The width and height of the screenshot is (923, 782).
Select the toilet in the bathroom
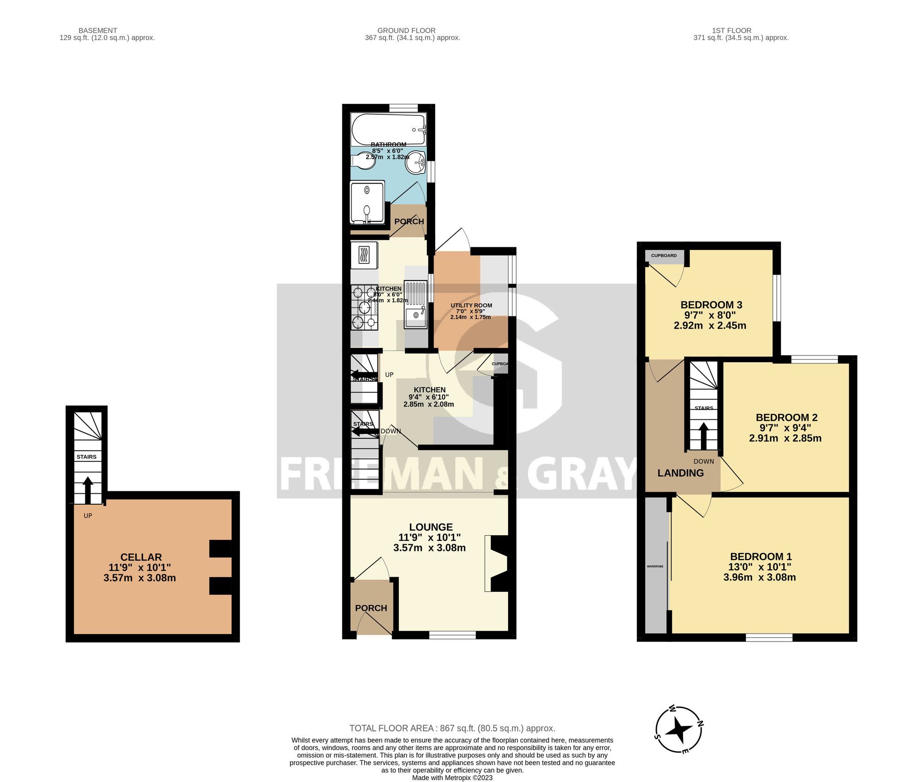(362, 161)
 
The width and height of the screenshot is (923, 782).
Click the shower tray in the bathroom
(367, 203)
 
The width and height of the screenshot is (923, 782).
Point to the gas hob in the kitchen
(365, 308)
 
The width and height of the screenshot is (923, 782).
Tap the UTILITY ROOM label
(471, 305)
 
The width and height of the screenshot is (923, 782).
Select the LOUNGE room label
(431, 527)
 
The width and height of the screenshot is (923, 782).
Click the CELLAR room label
(141, 557)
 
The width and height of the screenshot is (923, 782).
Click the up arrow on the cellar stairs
(87, 488)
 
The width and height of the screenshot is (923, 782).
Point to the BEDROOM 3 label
(711, 304)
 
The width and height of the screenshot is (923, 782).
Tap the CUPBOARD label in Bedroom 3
(664, 256)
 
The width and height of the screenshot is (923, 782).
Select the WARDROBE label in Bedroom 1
(654, 566)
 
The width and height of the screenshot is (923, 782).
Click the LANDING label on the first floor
(680, 473)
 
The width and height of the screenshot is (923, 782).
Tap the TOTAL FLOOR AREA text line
(452, 728)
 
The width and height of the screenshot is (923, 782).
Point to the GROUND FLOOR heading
(406, 30)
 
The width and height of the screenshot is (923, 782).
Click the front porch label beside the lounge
(371, 608)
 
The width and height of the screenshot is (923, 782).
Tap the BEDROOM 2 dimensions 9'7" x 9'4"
(785, 428)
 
